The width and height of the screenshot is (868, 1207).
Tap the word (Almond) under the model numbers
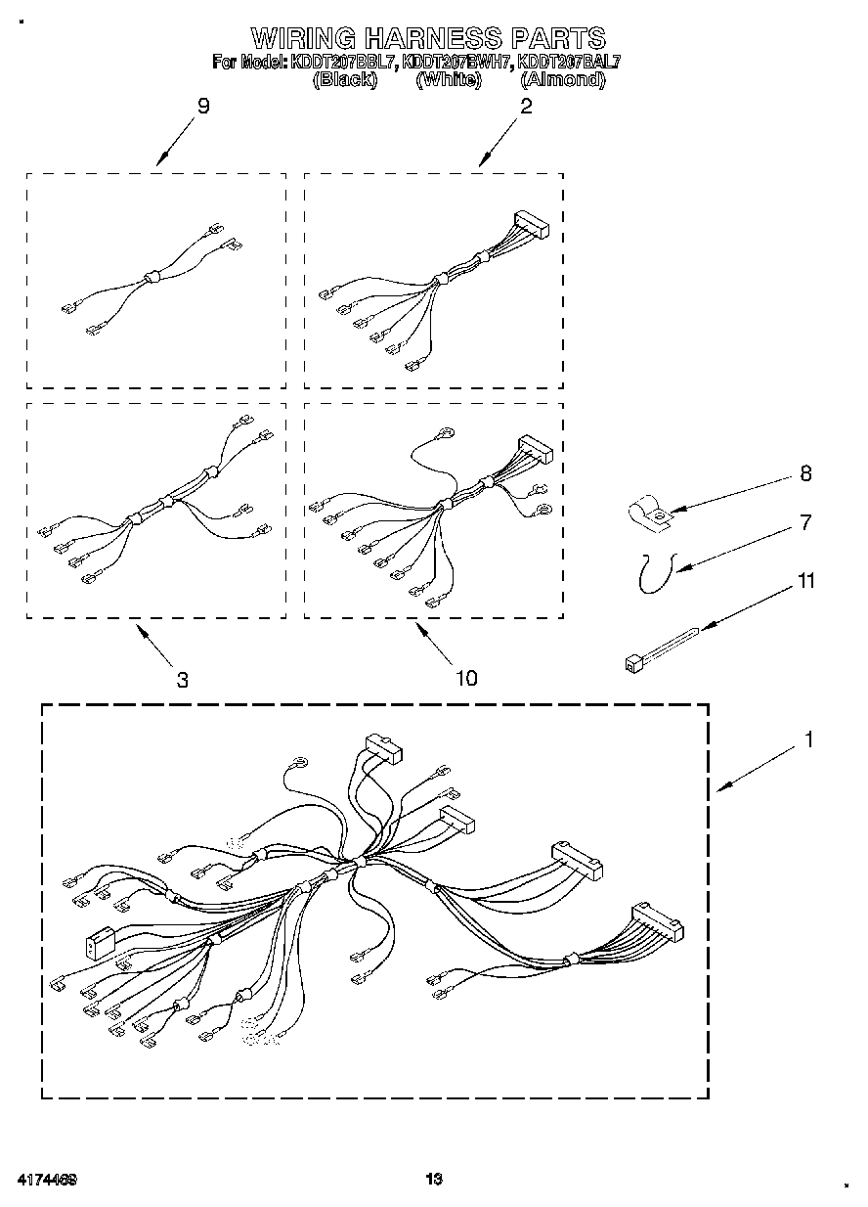[562, 79]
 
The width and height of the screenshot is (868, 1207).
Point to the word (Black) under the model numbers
[344, 79]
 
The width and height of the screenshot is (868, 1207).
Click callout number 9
[203, 107]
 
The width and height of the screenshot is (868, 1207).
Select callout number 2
[526, 107]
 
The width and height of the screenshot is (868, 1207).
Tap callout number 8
[805, 473]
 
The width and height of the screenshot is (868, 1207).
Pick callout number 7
[805, 522]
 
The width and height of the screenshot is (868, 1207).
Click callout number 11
[805, 581]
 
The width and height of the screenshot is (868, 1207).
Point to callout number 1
[808, 740]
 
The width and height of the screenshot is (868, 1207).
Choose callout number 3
[183, 679]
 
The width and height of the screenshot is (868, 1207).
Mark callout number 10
[466, 677]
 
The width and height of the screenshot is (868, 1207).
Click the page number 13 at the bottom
[435, 1180]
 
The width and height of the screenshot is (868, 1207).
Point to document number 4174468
[47, 1180]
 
